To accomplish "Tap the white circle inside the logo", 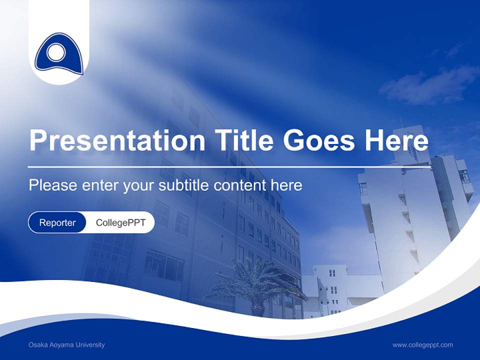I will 56,52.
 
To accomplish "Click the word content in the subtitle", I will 240,185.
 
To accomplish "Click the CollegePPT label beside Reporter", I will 120,222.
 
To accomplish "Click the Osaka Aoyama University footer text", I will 66,345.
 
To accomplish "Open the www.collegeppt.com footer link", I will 422,345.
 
